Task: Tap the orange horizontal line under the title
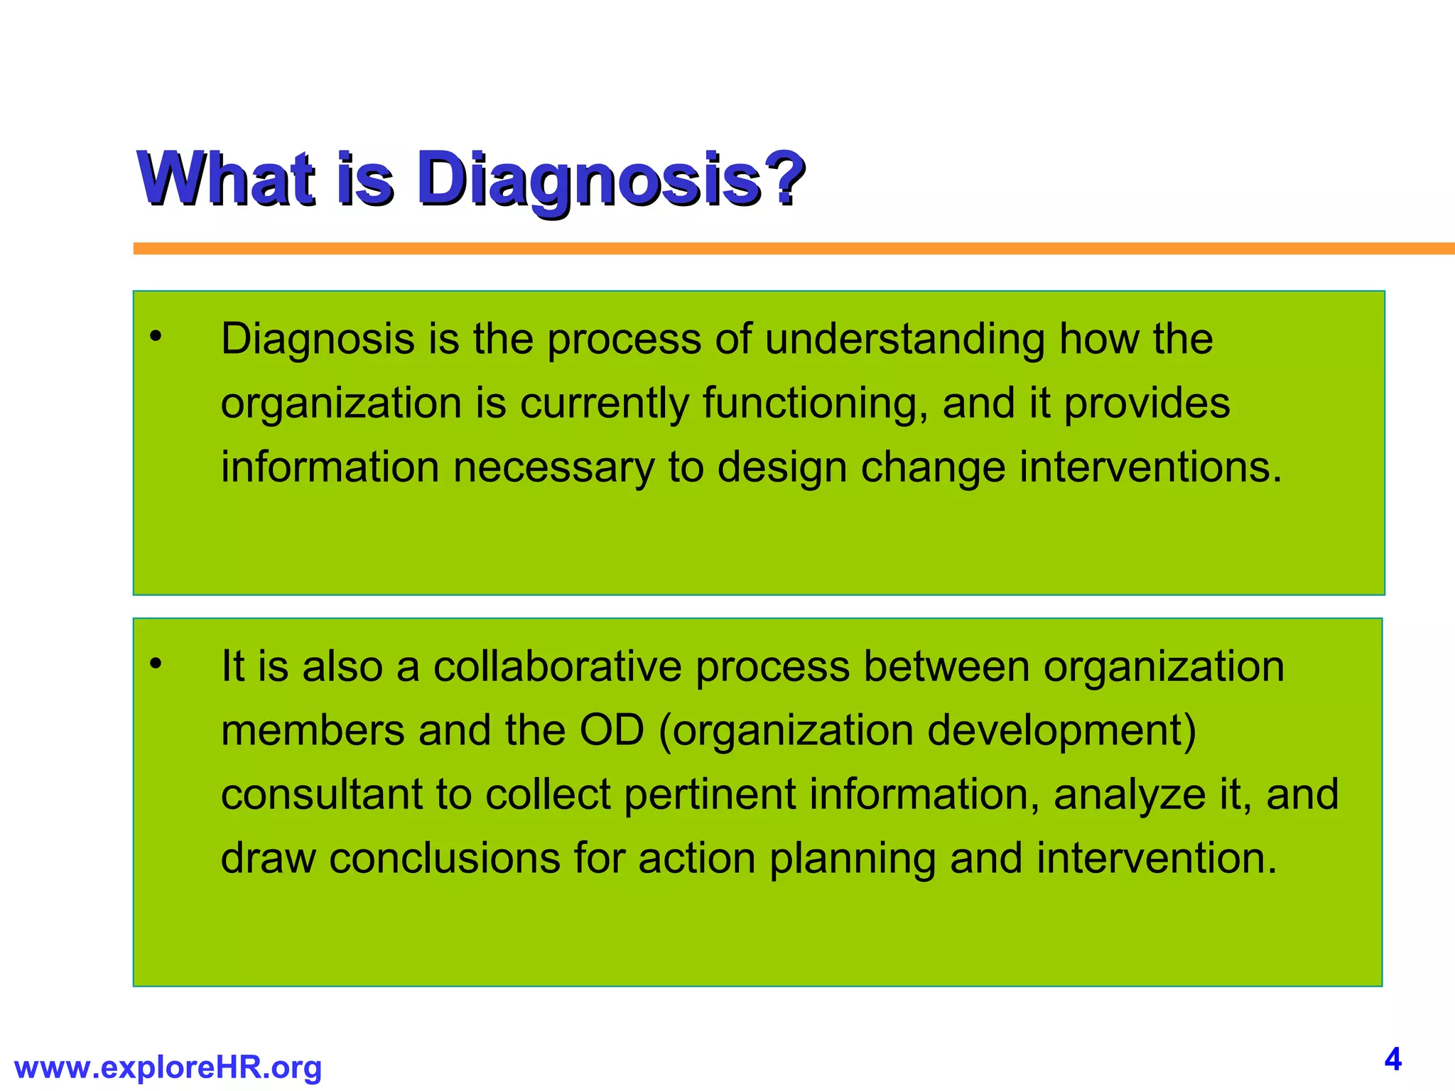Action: pos(781,249)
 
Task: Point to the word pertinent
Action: pos(710,795)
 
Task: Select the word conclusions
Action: pos(445,859)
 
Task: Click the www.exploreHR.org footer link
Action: pos(168,1068)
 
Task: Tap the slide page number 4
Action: pos(1392,1060)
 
